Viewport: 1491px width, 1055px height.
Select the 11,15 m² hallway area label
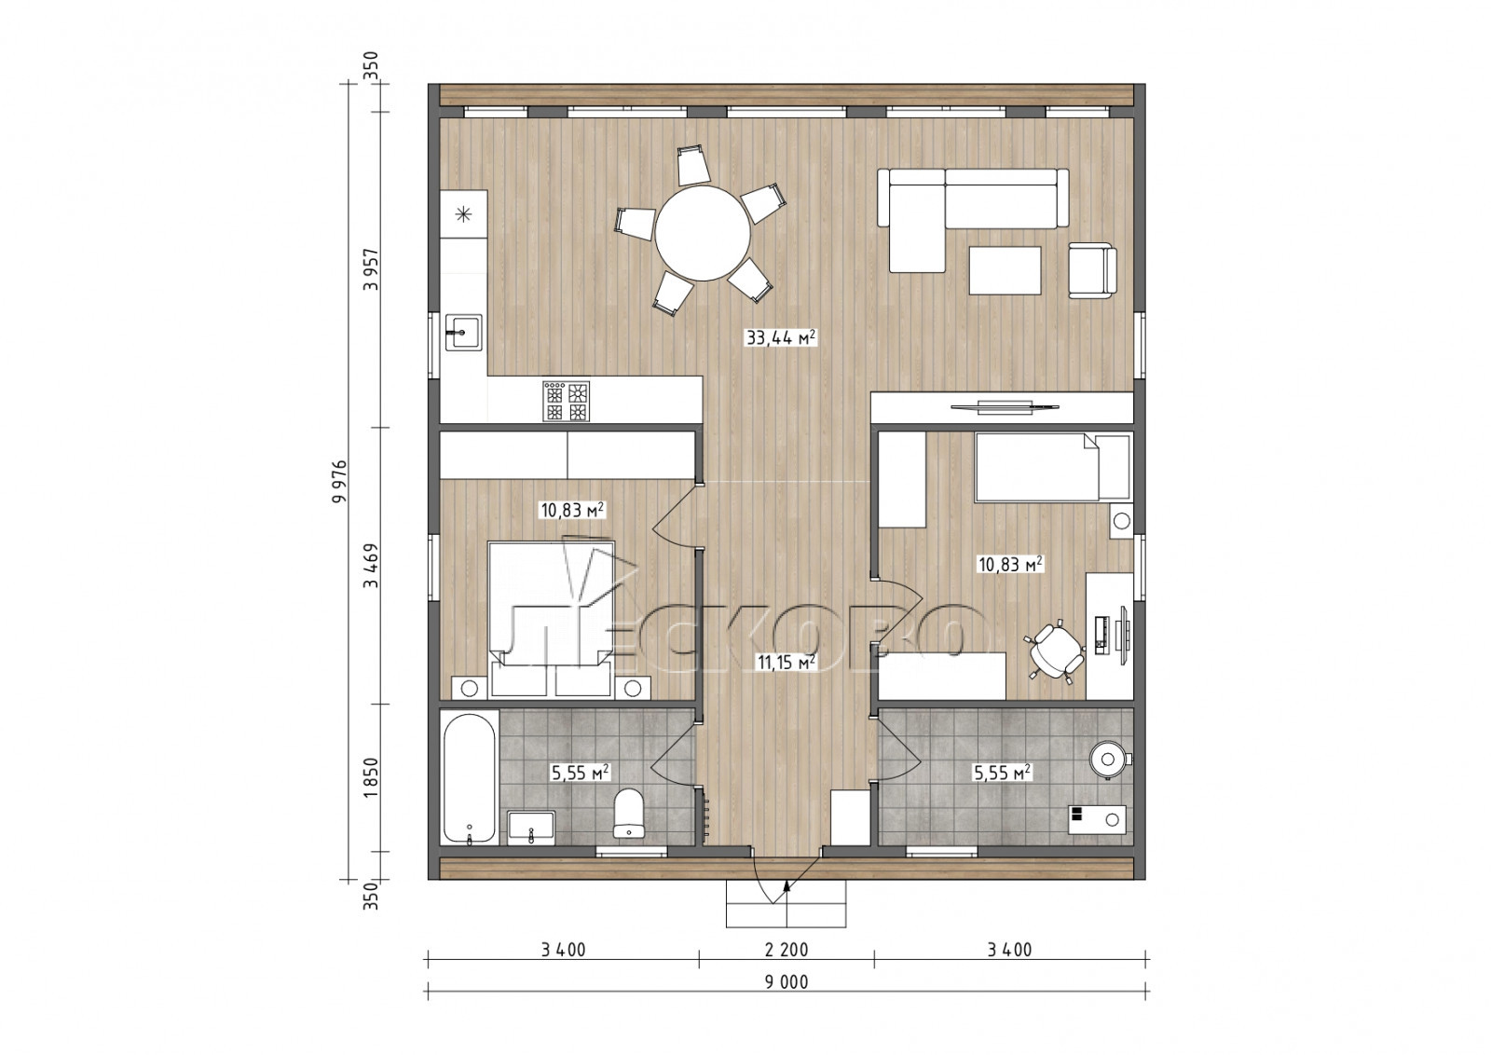pyautogui.click(x=787, y=662)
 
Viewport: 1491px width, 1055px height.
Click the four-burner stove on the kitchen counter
pyautogui.click(x=566, y=401)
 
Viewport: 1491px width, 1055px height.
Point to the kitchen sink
pyautogui.click(x=463, y=332)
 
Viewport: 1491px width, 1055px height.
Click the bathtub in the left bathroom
pyautogui.click(x=470, y=779)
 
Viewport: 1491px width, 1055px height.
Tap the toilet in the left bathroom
pyautogui.click(x=628, y=813)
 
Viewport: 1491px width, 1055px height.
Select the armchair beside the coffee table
pyautogui.click(x=1092, y=270)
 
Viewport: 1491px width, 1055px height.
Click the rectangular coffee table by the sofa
pyautogui.click(x=1005, y=270)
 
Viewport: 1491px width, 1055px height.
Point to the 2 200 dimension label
pyautogui.click(x=787, y=950)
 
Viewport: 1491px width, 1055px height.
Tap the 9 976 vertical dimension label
pyautogui.click(x=340, y=481)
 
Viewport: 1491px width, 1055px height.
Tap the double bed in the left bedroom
pyautogui.click(x=551, y=619)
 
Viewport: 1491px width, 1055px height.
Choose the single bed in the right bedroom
pyautogui.click(x=1052, y=467)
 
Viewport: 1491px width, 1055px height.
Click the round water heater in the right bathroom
pyautogui.click(x=1108, y=759)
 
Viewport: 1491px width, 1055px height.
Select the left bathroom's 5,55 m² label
pyautogui.click(x=581, y=773)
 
